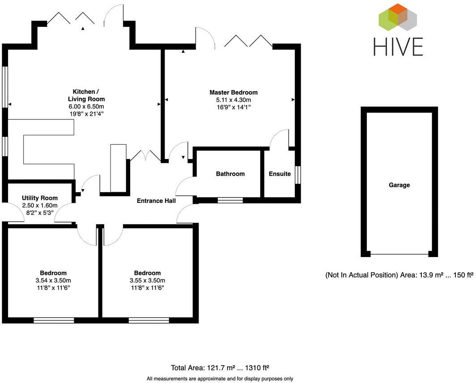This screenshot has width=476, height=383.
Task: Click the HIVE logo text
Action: point(398,46)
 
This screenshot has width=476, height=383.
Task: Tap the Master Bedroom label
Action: point(234,93)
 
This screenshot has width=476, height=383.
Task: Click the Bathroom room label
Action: point(230,174)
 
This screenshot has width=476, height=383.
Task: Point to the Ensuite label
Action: point(280,174)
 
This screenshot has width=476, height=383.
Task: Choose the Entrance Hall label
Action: point(156,201)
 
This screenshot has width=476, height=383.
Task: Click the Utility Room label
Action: point(40,198)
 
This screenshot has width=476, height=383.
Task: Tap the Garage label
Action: point(399,185)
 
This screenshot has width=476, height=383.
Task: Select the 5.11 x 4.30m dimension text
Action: point(234,100)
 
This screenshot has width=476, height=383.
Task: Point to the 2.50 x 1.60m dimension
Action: point(40,206)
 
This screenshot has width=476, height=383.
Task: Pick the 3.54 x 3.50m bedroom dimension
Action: point(53,280)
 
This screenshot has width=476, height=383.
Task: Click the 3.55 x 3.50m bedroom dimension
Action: point(147,280)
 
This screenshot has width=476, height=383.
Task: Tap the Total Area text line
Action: point(220,368)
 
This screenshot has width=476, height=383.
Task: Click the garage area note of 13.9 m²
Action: point(399,275)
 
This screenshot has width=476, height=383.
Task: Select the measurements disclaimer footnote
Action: point(220,379)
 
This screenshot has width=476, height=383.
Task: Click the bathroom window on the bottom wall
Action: point(230,200)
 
